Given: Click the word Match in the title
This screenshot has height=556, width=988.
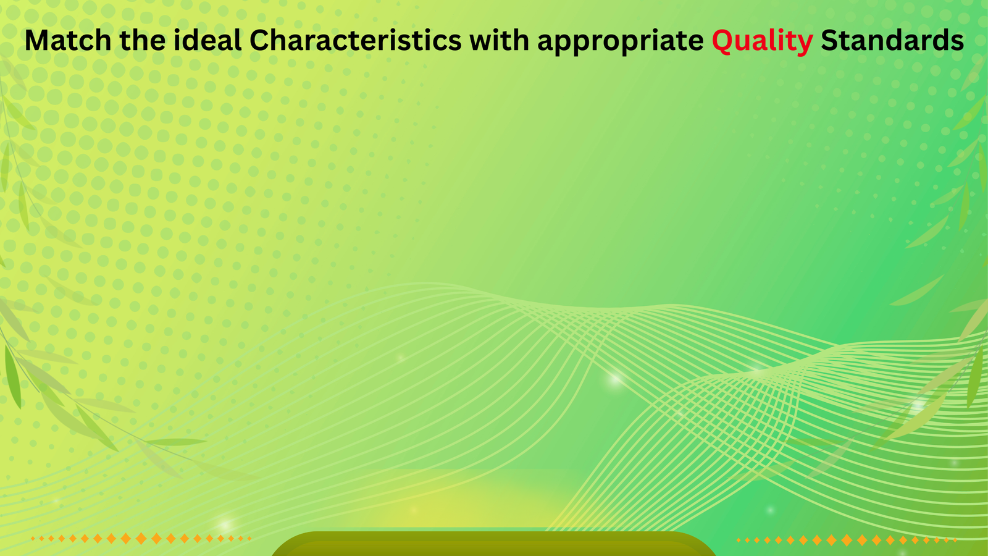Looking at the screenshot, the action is click(68, 40).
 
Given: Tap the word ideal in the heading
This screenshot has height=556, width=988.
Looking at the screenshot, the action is click(207, 40).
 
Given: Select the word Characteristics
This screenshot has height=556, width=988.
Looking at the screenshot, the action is click(356, 40).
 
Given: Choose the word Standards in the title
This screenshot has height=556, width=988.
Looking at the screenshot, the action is click(892, 40).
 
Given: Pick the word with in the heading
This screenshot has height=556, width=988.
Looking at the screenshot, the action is click(500, 40).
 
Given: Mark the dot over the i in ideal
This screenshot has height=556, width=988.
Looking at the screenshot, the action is click(177, 31).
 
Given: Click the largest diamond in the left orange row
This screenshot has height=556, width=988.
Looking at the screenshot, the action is click(141, 538).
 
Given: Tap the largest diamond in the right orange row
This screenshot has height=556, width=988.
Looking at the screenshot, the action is click(847, 540).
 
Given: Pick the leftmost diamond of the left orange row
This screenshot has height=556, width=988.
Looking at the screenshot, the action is click(33, 538).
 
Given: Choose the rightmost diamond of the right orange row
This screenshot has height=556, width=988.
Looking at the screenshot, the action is click(955, 540).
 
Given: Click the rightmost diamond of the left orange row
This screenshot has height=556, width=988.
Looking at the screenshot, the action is click(249, 538).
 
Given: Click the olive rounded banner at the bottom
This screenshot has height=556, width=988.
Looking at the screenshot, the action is click(494, 544).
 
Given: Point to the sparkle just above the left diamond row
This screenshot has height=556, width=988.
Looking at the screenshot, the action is click(225, 525).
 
